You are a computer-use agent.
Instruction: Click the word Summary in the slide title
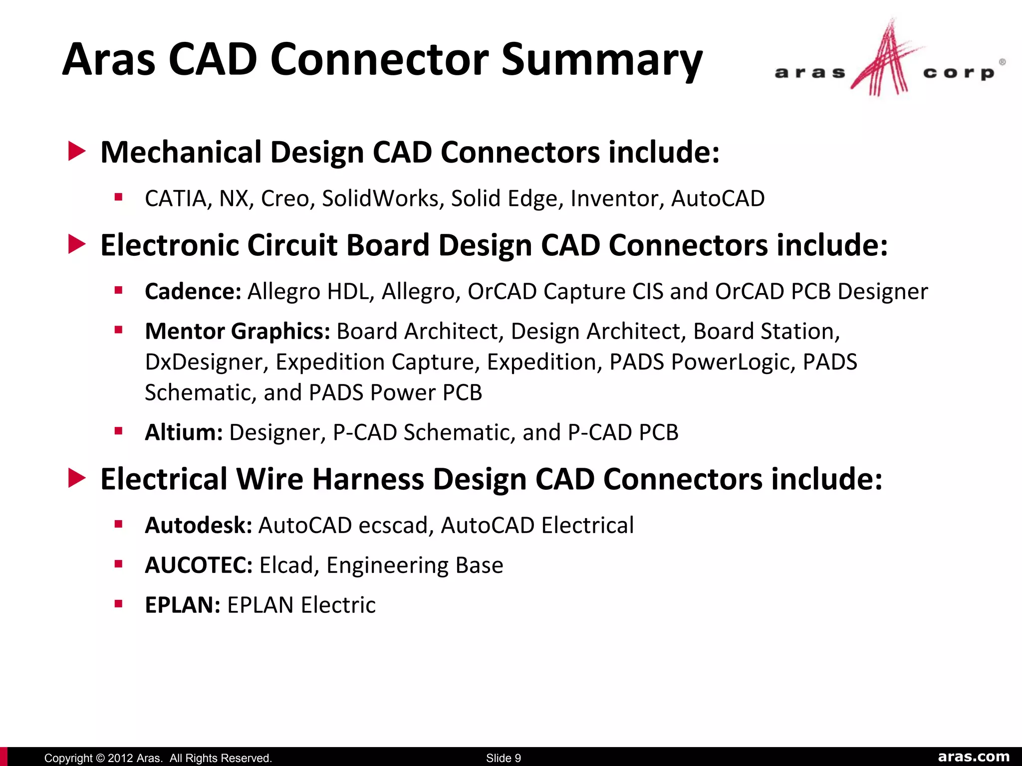[601, 61]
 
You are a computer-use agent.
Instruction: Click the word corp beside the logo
[959, 73]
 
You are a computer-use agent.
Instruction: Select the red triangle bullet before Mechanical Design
[77, 151]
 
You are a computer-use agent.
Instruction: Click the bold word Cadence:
[193, 291]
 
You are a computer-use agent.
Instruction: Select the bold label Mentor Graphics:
[237, 331]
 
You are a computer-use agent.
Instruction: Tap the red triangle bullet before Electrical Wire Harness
[77, 478]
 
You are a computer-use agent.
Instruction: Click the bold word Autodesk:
[198, 525]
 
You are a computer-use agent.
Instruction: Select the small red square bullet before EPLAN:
[118, 604]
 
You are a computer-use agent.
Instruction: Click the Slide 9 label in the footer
[503, 758]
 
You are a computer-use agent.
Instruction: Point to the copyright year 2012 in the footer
[120, 758]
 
